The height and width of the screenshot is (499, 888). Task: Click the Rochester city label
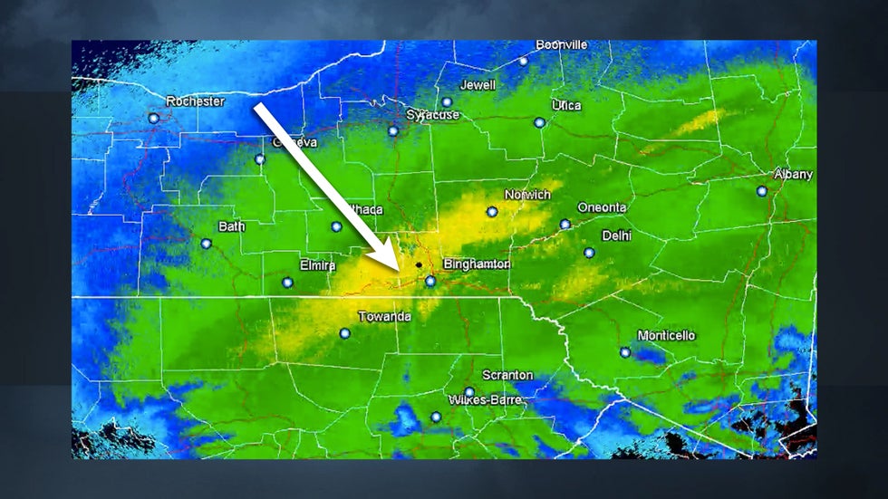coord(195,101)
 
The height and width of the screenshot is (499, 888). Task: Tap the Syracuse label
coord(432,115)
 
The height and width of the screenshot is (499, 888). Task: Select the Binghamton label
coord(477,264)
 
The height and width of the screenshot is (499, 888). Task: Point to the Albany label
coord(793,174)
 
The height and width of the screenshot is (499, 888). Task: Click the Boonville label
coord(562,44)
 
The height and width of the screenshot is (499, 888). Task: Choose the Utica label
coord(566,106)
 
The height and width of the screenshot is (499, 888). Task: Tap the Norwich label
coord(527,195)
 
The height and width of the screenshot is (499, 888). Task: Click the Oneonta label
coord(602,207)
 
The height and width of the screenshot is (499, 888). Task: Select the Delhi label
coord(616,235)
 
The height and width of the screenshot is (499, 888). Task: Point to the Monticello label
coord(666,336)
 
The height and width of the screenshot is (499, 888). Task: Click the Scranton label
coord(507,375)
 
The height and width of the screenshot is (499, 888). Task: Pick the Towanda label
coord(384,317)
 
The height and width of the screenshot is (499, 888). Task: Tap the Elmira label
coord(317,265)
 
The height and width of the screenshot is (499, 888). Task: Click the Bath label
coord(231,226)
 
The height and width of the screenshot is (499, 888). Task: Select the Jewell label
coord(478,85)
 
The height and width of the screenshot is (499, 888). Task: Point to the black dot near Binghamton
coord(419,265)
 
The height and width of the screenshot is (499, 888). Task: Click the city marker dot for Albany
coord(762,191)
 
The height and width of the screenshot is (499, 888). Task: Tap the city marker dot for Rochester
coord(153,118)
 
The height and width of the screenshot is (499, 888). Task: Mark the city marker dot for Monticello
coord(624,352)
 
